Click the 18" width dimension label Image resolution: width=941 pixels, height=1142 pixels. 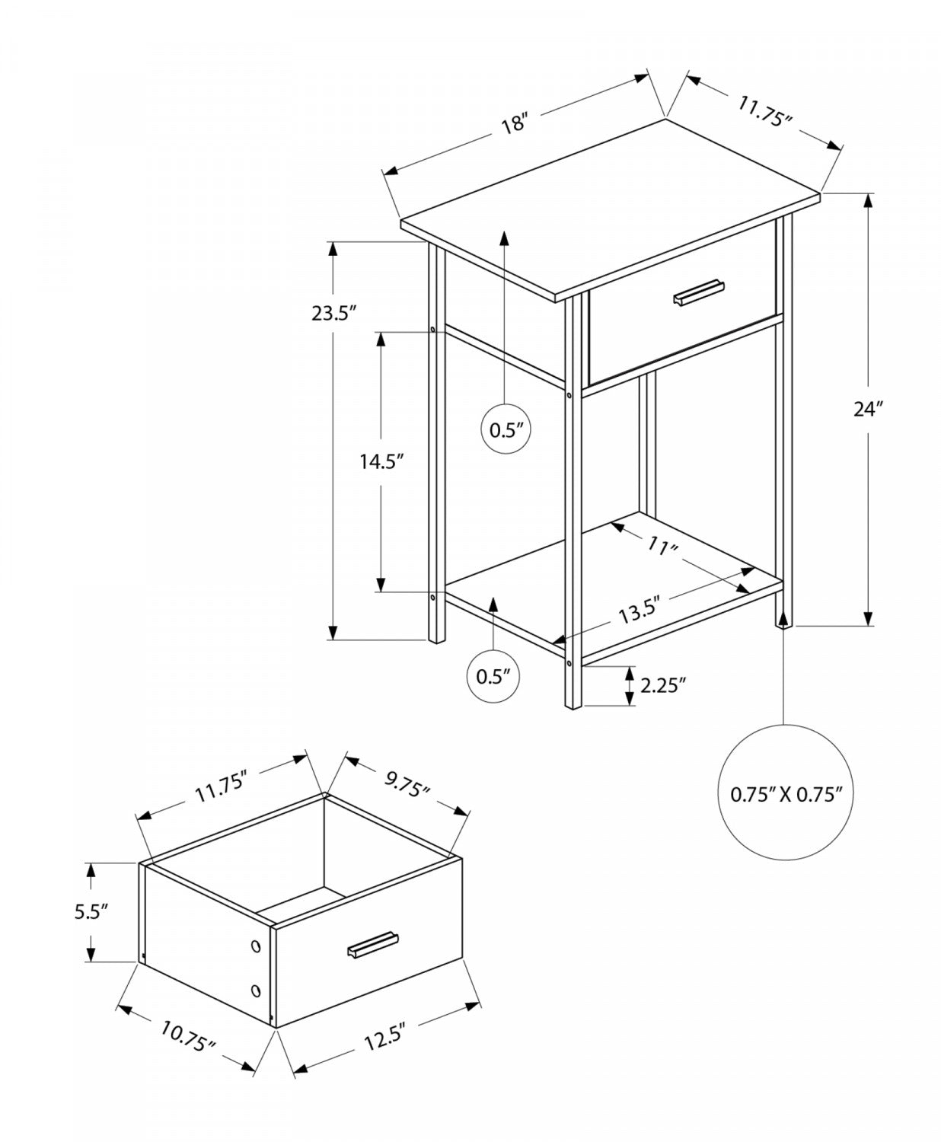point(515,123)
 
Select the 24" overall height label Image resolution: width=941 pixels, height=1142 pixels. point(867,409)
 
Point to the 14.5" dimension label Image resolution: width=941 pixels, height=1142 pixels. point(381,461)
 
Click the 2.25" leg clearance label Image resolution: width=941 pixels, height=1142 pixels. point(663,685)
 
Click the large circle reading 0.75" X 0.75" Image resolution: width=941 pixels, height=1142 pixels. point(786,795)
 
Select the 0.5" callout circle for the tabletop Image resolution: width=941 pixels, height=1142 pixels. point(505,430)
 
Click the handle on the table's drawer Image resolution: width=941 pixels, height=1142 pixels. point(698,294)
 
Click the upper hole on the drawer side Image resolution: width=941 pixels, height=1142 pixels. point(255,946)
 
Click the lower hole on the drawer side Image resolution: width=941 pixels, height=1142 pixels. point(255,990)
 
